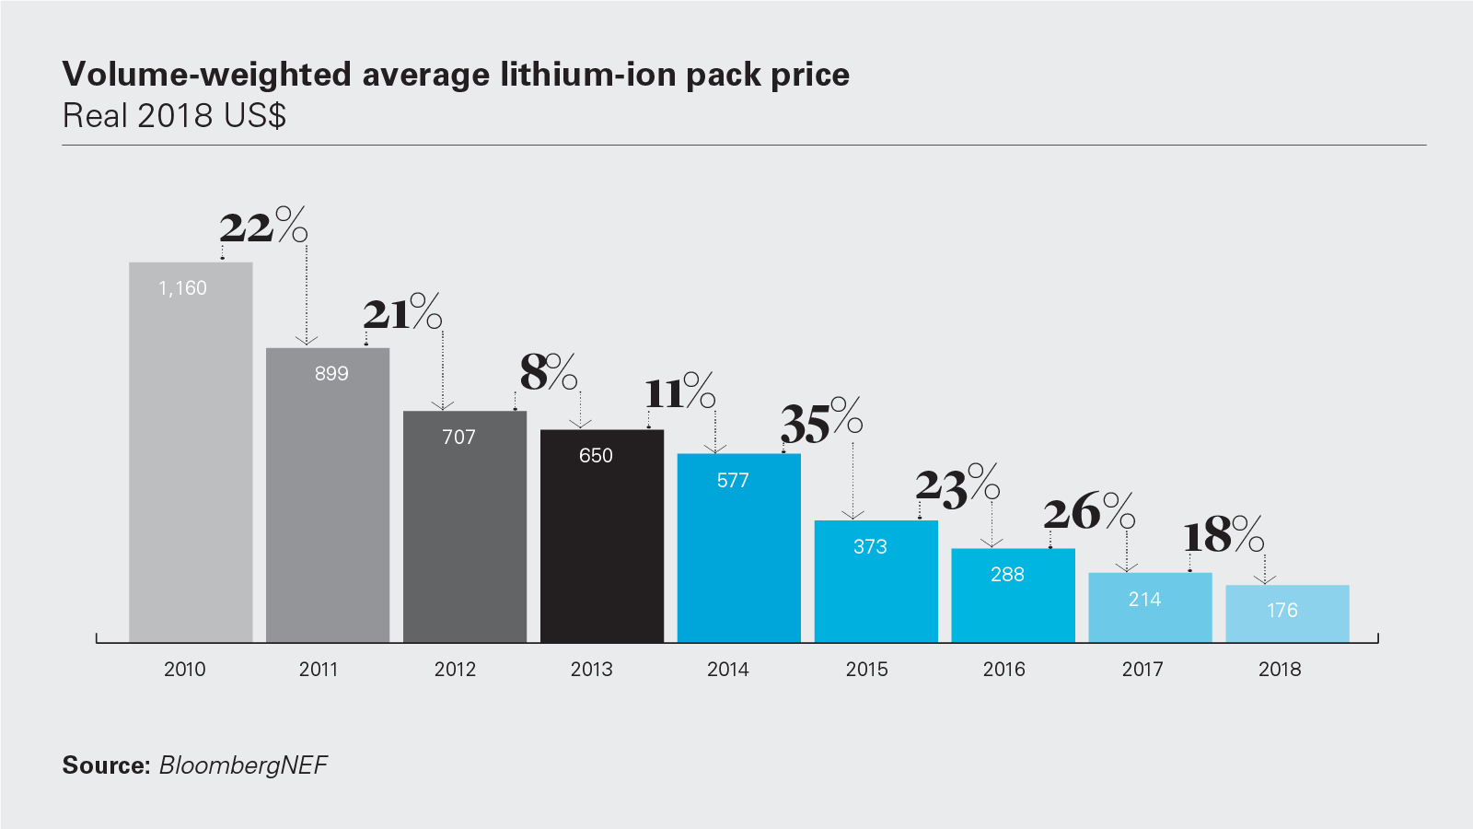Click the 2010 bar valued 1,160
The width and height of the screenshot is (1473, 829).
point(191,451)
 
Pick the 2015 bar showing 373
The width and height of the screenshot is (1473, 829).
point(876,581)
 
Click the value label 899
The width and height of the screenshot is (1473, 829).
point(331,374)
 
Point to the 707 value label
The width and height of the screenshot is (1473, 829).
point(458,438)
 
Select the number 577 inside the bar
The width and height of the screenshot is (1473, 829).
point(733,481)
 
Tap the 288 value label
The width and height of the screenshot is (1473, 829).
point(1007,575)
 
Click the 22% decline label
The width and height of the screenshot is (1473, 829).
point(262,226)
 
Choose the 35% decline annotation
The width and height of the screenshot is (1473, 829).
point(821,423)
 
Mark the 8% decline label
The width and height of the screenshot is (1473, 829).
point(548,372)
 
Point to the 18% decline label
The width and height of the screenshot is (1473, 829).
point(1223,535)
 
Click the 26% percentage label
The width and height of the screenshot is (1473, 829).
point(1088,511)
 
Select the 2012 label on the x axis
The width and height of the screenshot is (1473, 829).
point(455,670)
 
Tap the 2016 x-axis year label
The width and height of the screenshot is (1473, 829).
point(1003,670)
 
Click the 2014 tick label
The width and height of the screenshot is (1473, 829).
point(727,670)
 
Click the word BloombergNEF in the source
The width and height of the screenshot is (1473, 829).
point(243,765)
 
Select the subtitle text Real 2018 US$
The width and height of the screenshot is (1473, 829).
point(174,116)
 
